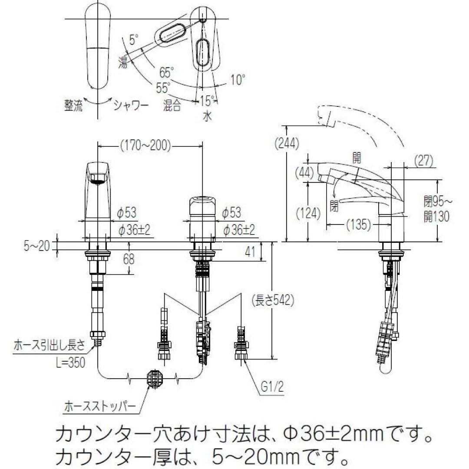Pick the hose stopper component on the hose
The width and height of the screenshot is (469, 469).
pyautogui.click(x=154, y=378)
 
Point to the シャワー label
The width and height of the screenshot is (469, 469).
pyautogui.click(x=130, y=105)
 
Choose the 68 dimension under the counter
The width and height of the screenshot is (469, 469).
pyautogui.click(x=129, y=260)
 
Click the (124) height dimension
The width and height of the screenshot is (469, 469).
pyautogui.click(x=310, y=213)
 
